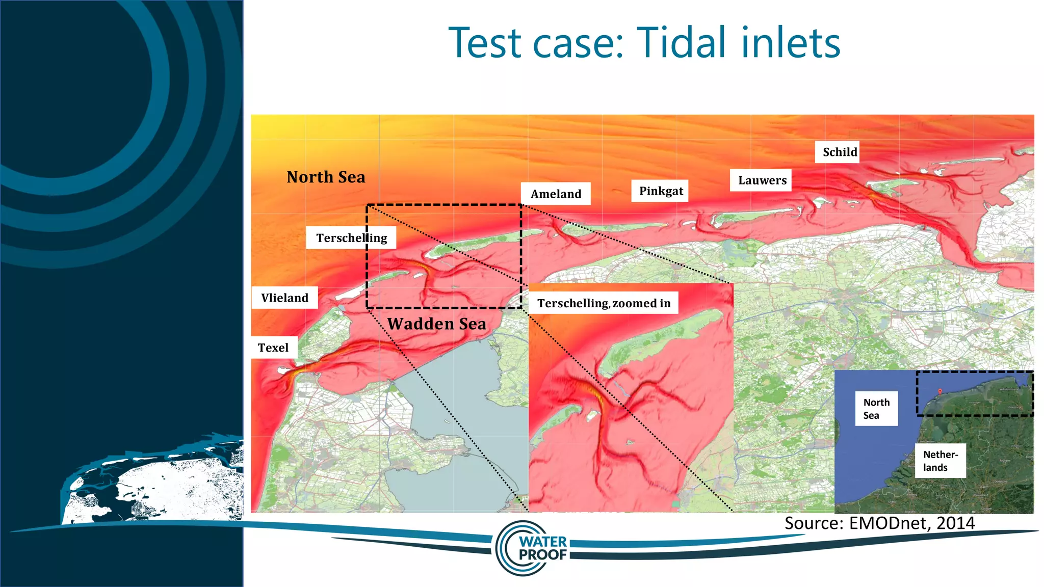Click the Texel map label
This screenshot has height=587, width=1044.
click(x=274, y=348)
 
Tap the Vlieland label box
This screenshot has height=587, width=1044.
click(x=284, y=298)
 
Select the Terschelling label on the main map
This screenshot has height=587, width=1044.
click(x=351, y=238)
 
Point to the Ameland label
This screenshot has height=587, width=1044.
click(x=556, y=194)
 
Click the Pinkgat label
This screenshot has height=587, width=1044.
click(x=661, y=191)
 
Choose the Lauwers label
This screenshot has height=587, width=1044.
click(x=762, y=180)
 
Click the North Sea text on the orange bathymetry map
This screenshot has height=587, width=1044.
click(x=326, y=177)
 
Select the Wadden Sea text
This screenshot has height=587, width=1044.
click(x=436, y=324)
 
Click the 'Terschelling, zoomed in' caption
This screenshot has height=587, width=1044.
click(x=604, y=303)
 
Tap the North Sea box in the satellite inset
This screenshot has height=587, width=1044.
click(x=876, y=409)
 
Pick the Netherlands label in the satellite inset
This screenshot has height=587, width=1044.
click(x=940, y=461)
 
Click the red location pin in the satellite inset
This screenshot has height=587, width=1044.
click(x=940, y=392)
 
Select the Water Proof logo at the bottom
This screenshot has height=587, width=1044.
click(x=533, y=548)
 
